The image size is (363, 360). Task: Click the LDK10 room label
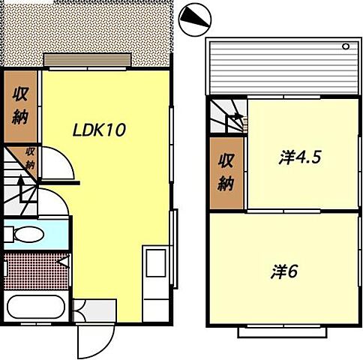pyautogui.click(x=97, y=129)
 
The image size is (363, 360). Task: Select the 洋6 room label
pyautogui.click(x=284, y=271)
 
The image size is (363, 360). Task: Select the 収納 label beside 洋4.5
pyautogui.click(x=226, y=172)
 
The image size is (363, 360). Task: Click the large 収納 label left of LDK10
pyautogui.click(x=19, y=106)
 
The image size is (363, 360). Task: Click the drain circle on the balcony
pyautogui.click(x=346, y=46)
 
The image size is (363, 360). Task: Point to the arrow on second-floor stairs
pyautogui.click(x=235, y=117)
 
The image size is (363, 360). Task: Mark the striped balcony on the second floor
pyautogui.click(x=281, y=67)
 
